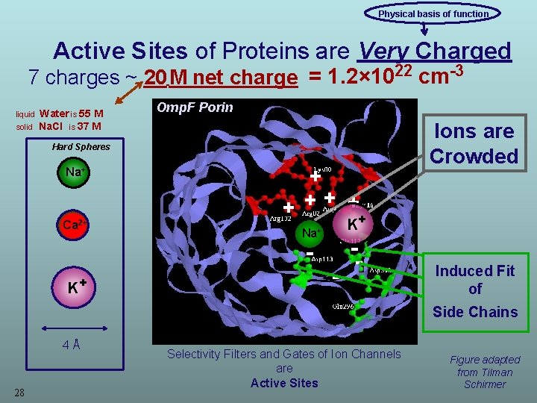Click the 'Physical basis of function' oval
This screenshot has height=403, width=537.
tap(433, 13)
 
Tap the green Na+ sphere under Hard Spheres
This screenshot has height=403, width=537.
tap(74, 172)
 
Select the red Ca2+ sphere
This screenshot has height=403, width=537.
tap(72, 225)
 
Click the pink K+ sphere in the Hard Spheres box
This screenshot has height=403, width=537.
tap(73, 285)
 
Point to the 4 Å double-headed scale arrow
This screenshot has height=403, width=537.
tap(72, 328)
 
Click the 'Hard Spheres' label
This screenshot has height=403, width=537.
tap(81, 146)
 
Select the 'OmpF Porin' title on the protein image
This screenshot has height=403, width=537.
tap(195, 107)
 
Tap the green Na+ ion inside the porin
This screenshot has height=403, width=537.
tap(311, 233)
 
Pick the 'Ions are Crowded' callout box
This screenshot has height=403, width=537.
tap(474, 143)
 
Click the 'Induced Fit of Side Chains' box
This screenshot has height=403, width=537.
tap(475, 291)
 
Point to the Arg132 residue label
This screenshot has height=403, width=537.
tap(280, 219)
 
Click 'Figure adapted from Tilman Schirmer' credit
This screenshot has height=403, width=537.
tap(485, 372)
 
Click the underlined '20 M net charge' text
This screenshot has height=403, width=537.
tap(221, 78)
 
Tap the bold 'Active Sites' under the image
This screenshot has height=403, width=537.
tap(284, 383)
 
